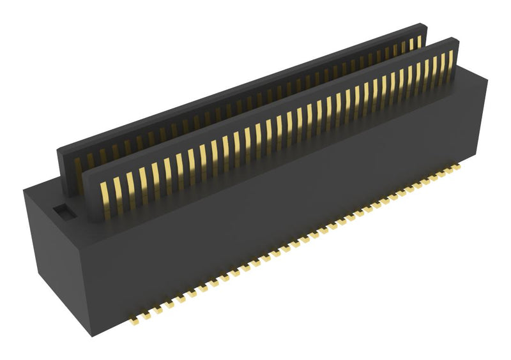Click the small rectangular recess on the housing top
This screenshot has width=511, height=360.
(x=63, y=209)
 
